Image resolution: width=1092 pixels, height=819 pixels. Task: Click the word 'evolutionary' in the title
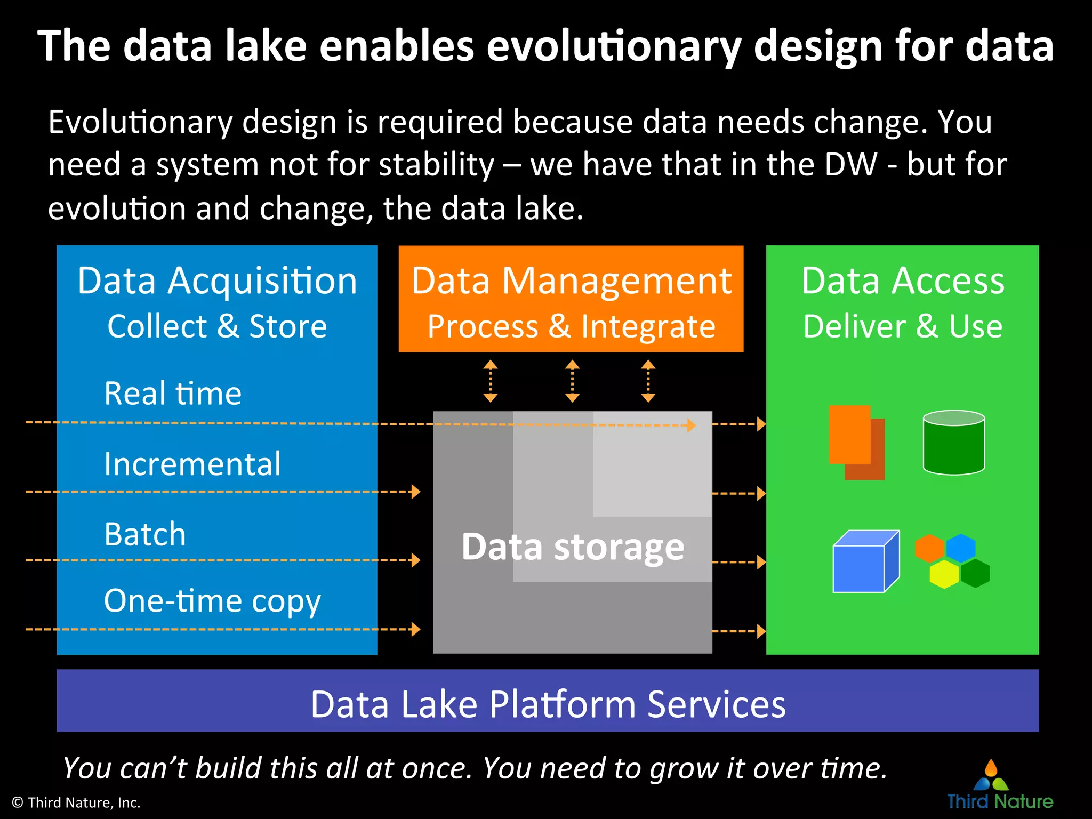tap(613, 47)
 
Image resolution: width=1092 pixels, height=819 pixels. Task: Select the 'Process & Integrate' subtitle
tap(571, 326)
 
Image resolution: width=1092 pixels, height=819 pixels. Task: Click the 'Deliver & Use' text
tap(903, 326)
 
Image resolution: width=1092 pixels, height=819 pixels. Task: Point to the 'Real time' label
tap(173, 394)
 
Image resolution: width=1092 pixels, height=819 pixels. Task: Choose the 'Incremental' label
tap(192, 464)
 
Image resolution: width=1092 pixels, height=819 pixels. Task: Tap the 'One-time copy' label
tap(212, 601)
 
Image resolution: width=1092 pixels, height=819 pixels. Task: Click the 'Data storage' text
tap(573, 547)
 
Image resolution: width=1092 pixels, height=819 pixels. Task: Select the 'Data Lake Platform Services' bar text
tap(548, 704)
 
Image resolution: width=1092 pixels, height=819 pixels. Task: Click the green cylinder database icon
tap(953, 443)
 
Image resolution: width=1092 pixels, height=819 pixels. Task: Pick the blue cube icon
tap(865, 562)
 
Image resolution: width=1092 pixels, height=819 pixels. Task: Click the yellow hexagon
tap(944, 574)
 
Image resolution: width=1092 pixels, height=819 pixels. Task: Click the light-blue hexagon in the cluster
tap(960, 548)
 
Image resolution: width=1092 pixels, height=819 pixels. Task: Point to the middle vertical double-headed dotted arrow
tap(572, 381)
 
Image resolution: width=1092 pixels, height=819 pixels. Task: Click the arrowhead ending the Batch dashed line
tap(416, 560)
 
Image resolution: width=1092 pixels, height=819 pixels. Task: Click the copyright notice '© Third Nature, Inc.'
tap(76, 802)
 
